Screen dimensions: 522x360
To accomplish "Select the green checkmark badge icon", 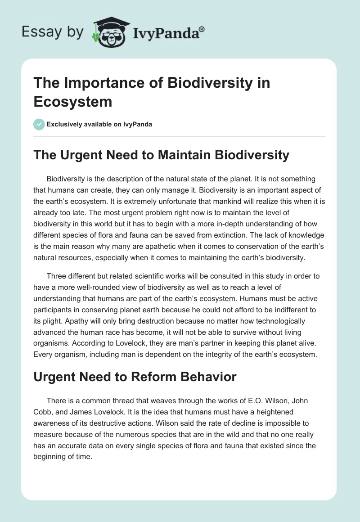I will (x=39, y=124).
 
